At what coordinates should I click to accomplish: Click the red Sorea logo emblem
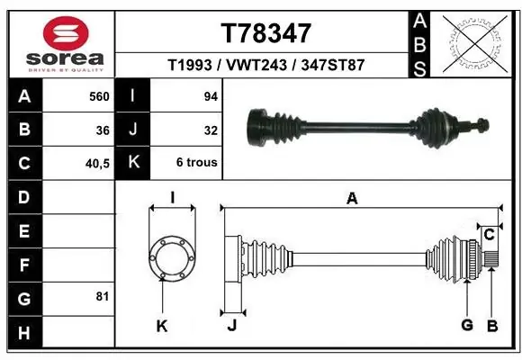point(66,33)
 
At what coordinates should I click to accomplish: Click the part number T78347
point(266,33)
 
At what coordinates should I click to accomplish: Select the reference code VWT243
point(256,65)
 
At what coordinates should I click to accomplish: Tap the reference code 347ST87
point(333,65)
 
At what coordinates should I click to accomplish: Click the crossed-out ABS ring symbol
point(476,43)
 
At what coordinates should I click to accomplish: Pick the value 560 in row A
point(99,96)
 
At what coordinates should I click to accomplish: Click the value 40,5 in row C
point(97,164)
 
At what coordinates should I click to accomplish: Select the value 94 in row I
point(211,96)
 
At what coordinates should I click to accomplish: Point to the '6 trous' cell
point(196,162)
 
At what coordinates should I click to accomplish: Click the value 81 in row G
point(103,296)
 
